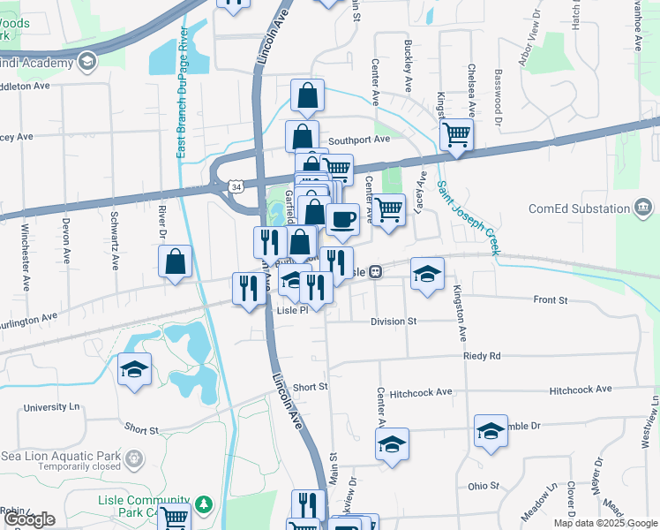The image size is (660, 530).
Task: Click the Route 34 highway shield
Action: click(235, 187)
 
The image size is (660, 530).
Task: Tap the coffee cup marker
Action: click(342, 219)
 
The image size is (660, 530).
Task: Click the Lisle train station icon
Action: click(376, 272)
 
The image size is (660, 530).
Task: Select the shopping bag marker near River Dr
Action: click(176, 261)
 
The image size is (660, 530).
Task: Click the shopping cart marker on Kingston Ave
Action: click(456, 135)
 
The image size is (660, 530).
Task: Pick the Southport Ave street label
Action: click(358, 140)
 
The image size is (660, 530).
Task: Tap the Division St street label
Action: click(393, 322)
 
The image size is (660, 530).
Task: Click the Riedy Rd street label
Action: click(482, 356)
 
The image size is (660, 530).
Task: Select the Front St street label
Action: click(551, 300)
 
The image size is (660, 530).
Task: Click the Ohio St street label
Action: click(483, 486)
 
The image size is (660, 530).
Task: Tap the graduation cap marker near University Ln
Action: click(134, 369)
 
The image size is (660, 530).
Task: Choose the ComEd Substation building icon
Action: click(644, 208)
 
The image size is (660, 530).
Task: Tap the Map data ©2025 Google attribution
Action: click(604, 523)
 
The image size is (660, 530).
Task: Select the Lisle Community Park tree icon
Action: click(205, 504)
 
